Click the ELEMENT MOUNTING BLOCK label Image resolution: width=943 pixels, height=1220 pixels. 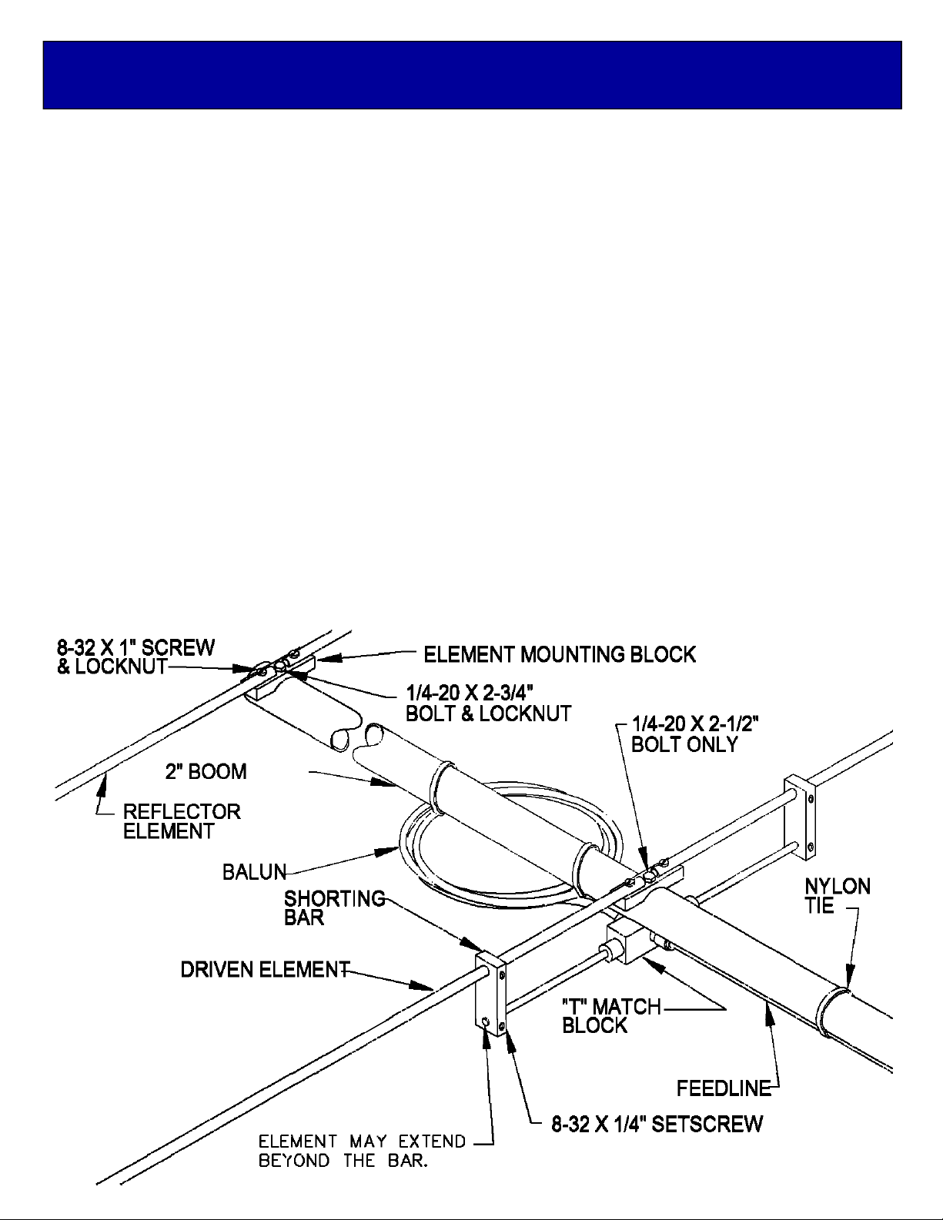560,654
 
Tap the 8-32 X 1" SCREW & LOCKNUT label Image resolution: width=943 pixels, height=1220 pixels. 135,657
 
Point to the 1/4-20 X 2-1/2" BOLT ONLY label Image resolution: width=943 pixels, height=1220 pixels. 695,734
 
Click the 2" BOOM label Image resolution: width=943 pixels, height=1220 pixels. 206,771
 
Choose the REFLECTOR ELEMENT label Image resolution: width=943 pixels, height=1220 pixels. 182,821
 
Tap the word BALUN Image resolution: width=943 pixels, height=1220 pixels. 254,872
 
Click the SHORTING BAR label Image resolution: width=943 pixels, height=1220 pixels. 335,907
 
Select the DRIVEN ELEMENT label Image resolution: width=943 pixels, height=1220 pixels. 266,970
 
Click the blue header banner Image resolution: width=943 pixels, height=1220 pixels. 472,75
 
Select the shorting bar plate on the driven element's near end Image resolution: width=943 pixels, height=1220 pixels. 491,993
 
